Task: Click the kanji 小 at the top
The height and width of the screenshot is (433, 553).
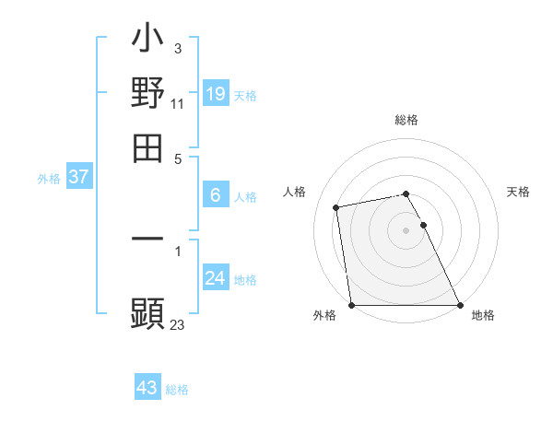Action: tap(147, 41)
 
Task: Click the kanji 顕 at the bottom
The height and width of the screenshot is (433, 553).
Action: tap(147, 312)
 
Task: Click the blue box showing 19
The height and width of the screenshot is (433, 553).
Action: tap(216, 93)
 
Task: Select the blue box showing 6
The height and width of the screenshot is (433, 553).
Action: tap(216, 194)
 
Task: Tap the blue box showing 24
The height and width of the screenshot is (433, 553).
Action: tap(216, 278)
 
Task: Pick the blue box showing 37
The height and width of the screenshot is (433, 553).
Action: tap(78, 177)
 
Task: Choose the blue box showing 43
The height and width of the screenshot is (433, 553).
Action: tap(147, 388)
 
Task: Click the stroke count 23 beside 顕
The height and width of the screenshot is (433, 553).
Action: tap(178, 324)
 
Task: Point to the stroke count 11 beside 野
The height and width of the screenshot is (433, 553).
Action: tap(178, 104)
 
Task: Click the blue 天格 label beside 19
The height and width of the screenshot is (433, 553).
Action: tap(245, 96)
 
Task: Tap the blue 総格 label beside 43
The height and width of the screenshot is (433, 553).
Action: tap(177, 391)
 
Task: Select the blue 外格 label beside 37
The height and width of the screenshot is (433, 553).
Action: tap(49, 180)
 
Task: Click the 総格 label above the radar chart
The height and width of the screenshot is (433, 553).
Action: tap(406, 120)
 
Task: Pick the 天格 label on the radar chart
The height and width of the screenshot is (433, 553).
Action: tap(519, 192)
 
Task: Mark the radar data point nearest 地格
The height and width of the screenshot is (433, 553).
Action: tap(460, 305)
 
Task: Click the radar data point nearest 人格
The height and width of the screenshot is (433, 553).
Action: tap(337, 207)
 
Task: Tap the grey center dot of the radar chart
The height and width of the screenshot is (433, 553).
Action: tap(406, 230)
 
